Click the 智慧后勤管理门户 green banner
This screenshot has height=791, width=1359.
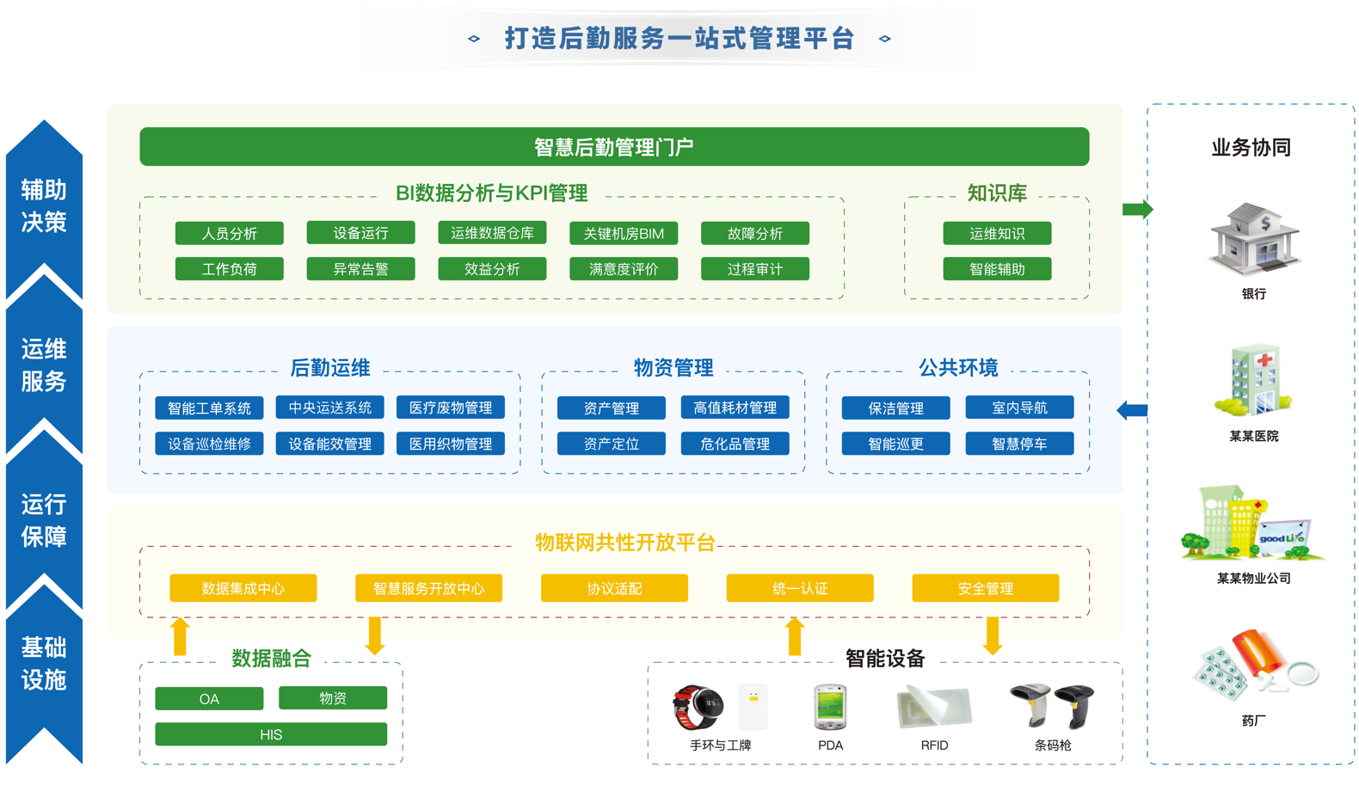(614, 147)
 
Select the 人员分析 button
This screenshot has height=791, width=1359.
(229, 234)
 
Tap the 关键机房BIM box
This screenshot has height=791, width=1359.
(624, 234)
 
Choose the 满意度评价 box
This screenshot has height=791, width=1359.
(624, 269)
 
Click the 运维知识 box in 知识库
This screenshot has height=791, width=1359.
(997, 234)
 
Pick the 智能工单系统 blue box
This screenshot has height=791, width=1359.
(209, 408)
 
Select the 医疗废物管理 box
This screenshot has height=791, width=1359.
(451, 408)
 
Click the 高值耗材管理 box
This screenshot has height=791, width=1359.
(735, 408)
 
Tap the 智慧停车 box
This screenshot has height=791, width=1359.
(1019, 444)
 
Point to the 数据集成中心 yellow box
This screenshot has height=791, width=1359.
(243, 588)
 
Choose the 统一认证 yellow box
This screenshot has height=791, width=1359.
(800, 588)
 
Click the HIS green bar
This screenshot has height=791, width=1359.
(271, 734)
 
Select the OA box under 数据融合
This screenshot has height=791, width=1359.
(209, 699)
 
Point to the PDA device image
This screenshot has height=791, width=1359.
(830, 707)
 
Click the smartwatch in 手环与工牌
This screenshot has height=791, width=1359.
(698, 707)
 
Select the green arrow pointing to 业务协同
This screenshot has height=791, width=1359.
(1137, 209)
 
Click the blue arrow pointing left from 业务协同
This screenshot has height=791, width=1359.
(1132, 411)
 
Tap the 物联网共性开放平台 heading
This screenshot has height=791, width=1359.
(625, 543)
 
